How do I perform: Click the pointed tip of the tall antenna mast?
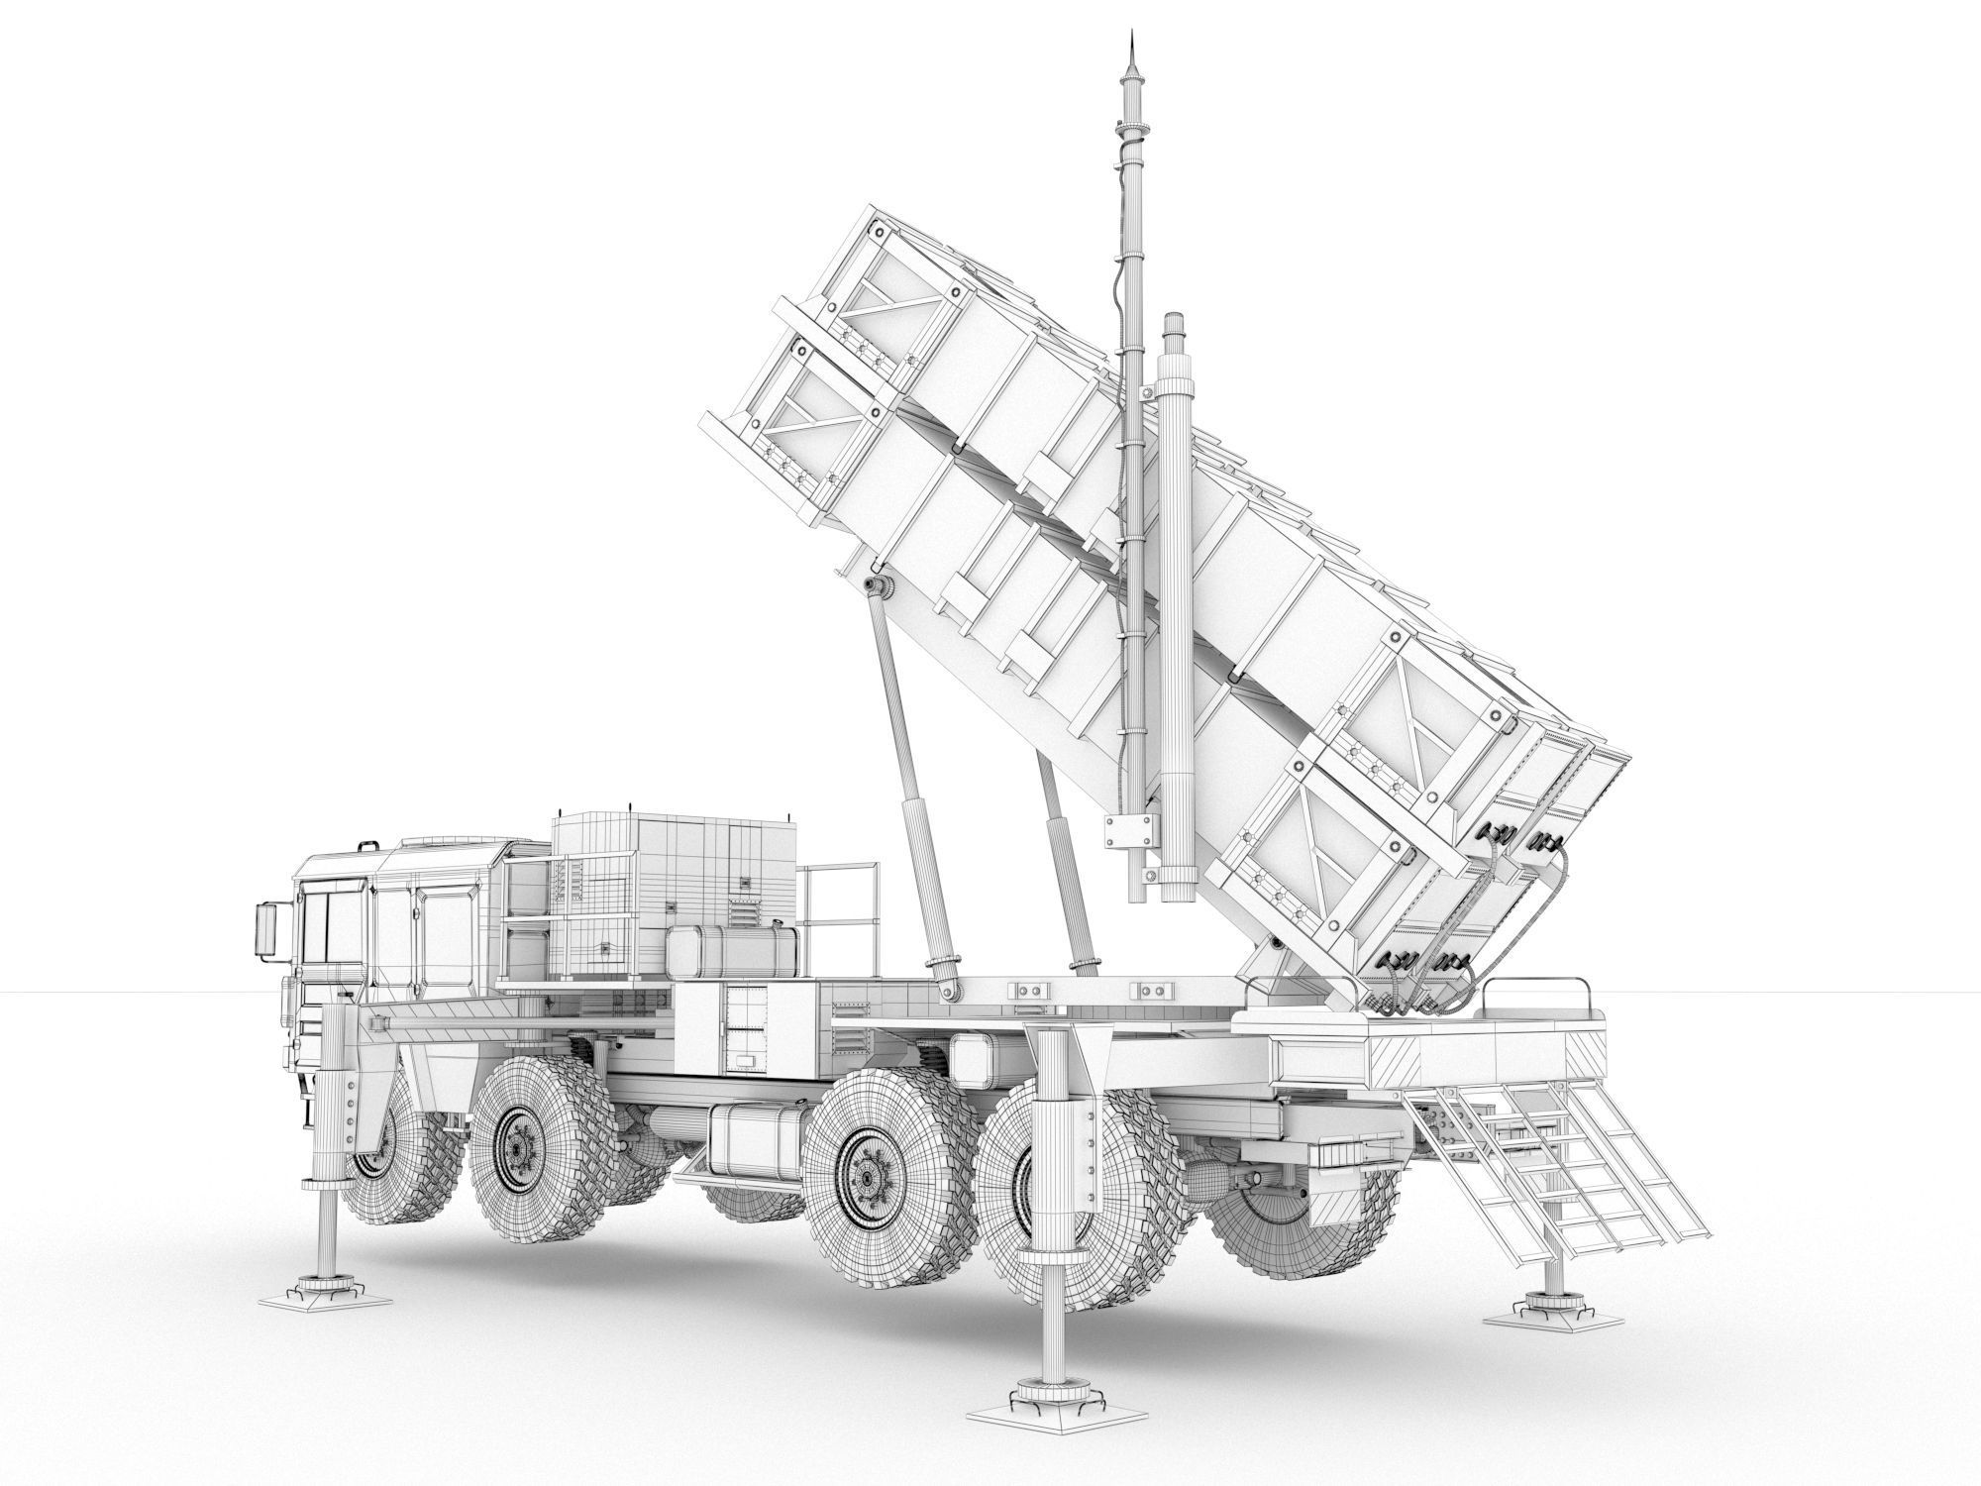(x=1129, y=38)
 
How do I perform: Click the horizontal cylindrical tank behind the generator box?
(x=733, y=953)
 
